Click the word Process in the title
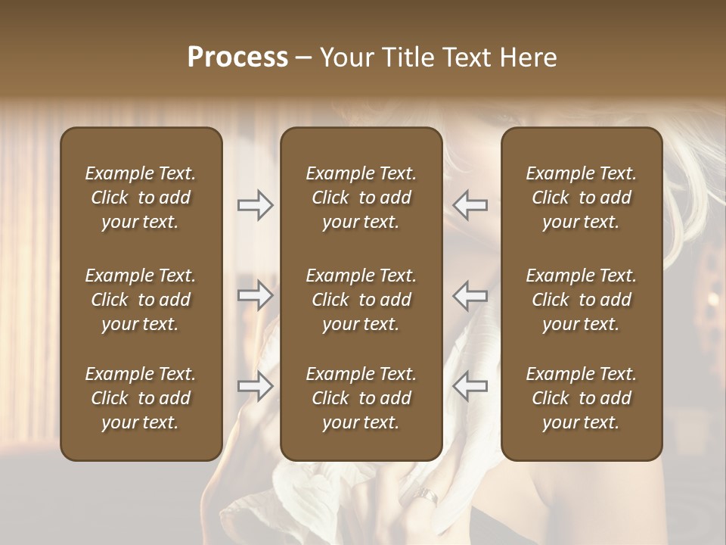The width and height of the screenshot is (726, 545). coord(237,58)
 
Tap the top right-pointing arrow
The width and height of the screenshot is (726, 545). coord(255,205)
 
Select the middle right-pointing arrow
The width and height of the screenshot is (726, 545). coord(255,295)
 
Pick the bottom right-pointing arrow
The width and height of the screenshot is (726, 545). coord(255,387)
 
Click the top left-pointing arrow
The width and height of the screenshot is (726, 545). coord(470,205)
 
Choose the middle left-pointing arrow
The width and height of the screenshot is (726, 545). coord(470,295)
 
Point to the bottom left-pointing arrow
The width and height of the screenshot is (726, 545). coord(470,387)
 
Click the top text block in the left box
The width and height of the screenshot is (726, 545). coord(141,198)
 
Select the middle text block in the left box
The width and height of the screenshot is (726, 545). coord(141,300)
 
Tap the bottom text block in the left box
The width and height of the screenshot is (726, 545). coord(141,398)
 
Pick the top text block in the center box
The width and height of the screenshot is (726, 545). coord(361,198)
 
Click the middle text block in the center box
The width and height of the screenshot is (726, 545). coord(361,300)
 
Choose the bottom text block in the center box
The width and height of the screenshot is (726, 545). coord(361,398)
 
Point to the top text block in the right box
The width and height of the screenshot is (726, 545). coord(582,198)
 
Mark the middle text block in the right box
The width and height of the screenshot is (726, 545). coord(582,300)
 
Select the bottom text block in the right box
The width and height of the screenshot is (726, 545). coord(582,398)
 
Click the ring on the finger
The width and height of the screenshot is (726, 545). coord(428,497)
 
